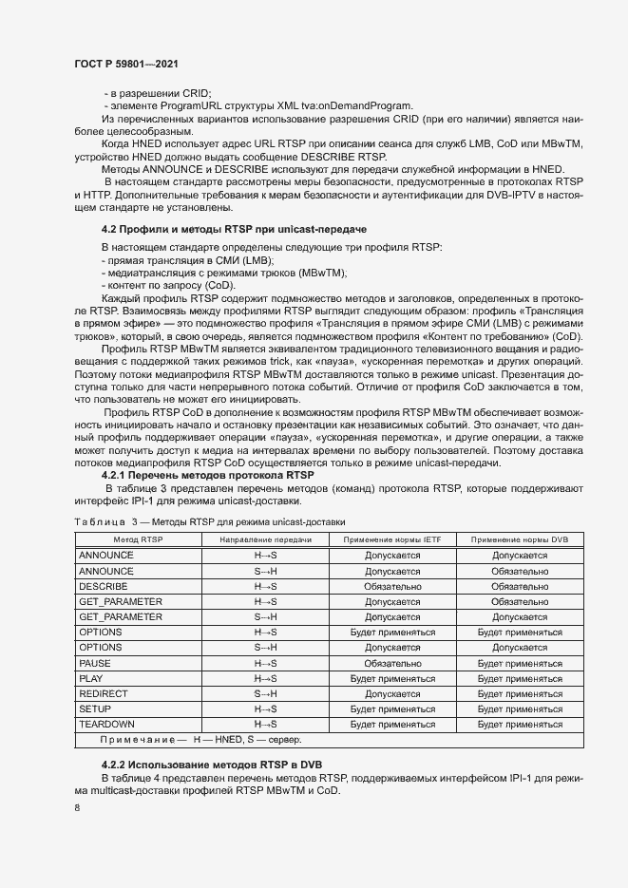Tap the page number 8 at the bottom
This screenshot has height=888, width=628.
(x=77, y=807)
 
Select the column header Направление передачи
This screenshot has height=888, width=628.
(x=265, y=539)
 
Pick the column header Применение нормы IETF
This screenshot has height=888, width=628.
(x=392, y=539)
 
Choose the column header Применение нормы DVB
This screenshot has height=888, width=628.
(x=519, y=539)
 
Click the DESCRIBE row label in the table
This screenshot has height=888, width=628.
(x=104, y=586)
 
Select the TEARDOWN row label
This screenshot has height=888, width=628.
(x=105, y=724)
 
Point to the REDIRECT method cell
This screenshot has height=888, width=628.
(x=103, y=693)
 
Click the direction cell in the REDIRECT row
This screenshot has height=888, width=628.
(x=265, y=693)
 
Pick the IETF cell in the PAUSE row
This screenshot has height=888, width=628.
(x=392, y=662)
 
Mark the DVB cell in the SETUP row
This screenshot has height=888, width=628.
(x=519, y=709)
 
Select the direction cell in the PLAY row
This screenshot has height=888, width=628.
(x=265, y=678)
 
